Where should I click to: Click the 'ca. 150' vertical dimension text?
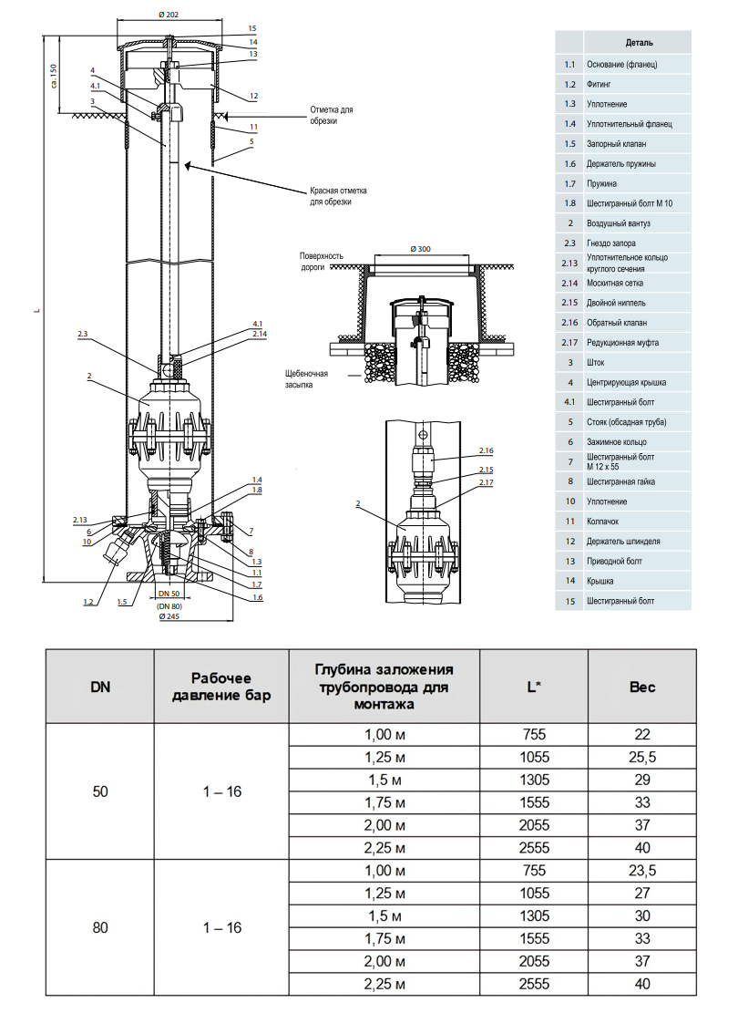click(x=54, y=75)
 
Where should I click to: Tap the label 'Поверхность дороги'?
click(x=322, y=261)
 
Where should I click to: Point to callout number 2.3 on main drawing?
click(x=84, y=335)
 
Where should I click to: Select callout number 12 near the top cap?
click(x=254, y=96)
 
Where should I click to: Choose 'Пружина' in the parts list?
click(x=602, y=183)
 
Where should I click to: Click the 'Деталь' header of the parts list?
click(x=639, y=43)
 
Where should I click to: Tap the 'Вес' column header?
click(x=642, y=687)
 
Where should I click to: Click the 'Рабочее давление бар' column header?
click(x=222, y=687)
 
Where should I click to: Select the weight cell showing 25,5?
click(x=642, y=757)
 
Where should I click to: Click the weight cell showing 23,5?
click(x=642, y=871)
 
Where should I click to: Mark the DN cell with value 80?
click(x=100, y=927)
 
